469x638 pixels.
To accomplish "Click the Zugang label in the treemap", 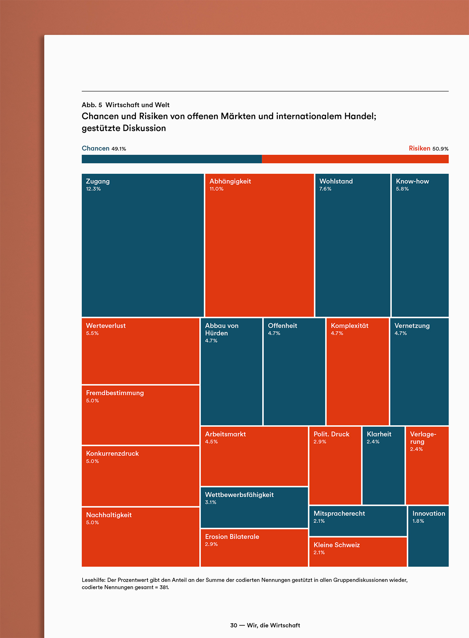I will (x=98, y=181).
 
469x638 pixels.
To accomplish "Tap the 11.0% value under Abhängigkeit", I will (x=216, y=189).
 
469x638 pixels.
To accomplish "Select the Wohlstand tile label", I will (x=336, y=181).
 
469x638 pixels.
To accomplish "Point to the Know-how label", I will (x=412, y=181).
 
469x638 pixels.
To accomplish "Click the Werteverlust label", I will (x=106, y=326).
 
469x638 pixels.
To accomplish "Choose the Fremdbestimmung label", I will (x=115, y=393).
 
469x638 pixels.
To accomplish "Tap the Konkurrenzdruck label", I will (x=112, y=454).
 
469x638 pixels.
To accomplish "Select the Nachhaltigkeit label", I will (x=109, y=515).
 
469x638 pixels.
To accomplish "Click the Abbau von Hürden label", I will (x=221, y=329).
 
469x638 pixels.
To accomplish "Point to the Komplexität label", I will (x=349, y=326).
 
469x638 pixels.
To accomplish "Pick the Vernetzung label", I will (x=412, y=326).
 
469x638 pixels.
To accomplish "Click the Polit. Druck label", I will (x=331, y=434).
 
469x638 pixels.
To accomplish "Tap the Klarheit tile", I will (x=383, y=466).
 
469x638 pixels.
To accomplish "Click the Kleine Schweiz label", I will (x=337, y=545).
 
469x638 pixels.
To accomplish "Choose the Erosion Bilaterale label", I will (x=232, y=537).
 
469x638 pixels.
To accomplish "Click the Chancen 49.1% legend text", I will (x=104, y=148).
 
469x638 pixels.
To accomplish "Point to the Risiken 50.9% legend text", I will (x=428, y=148).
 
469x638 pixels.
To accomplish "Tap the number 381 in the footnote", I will (x=164, y=587).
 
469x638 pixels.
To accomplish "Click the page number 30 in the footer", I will (x=234, y=625).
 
